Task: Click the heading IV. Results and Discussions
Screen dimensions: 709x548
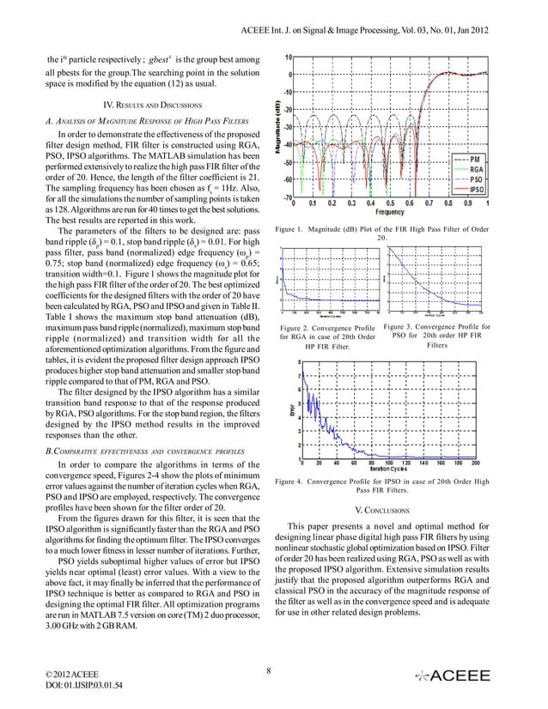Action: [139, 105]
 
